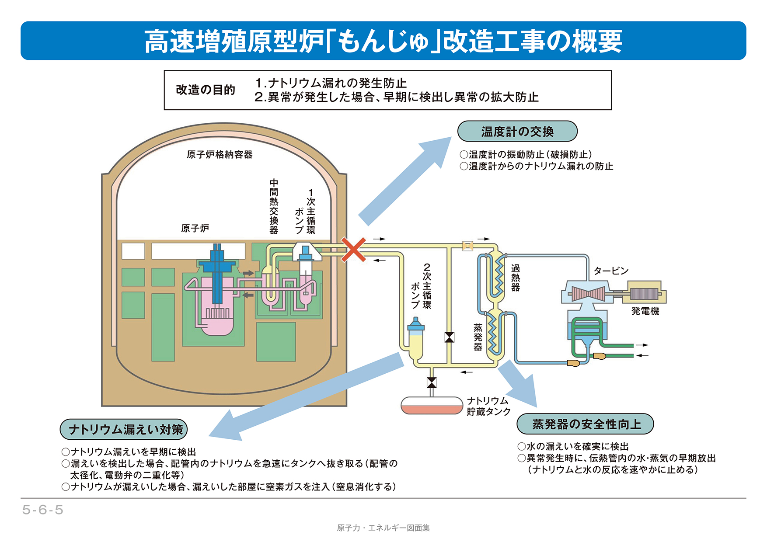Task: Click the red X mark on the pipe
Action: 353,250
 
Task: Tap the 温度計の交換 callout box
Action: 517,131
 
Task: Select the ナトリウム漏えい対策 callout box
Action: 124,429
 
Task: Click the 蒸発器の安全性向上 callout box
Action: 585,424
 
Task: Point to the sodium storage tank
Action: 432,405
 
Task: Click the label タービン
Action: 611,271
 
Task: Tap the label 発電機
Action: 645,311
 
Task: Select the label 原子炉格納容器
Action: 220,155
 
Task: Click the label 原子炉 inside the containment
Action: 195,228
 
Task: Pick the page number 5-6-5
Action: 43,510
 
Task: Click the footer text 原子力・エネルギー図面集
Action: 383,528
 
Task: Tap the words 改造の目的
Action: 206,90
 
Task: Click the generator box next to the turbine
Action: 645,292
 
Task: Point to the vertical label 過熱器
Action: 516,278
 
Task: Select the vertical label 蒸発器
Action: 478,337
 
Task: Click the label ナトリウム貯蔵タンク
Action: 488,406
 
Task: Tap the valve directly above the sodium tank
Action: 432,383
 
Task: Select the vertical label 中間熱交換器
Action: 274,206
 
